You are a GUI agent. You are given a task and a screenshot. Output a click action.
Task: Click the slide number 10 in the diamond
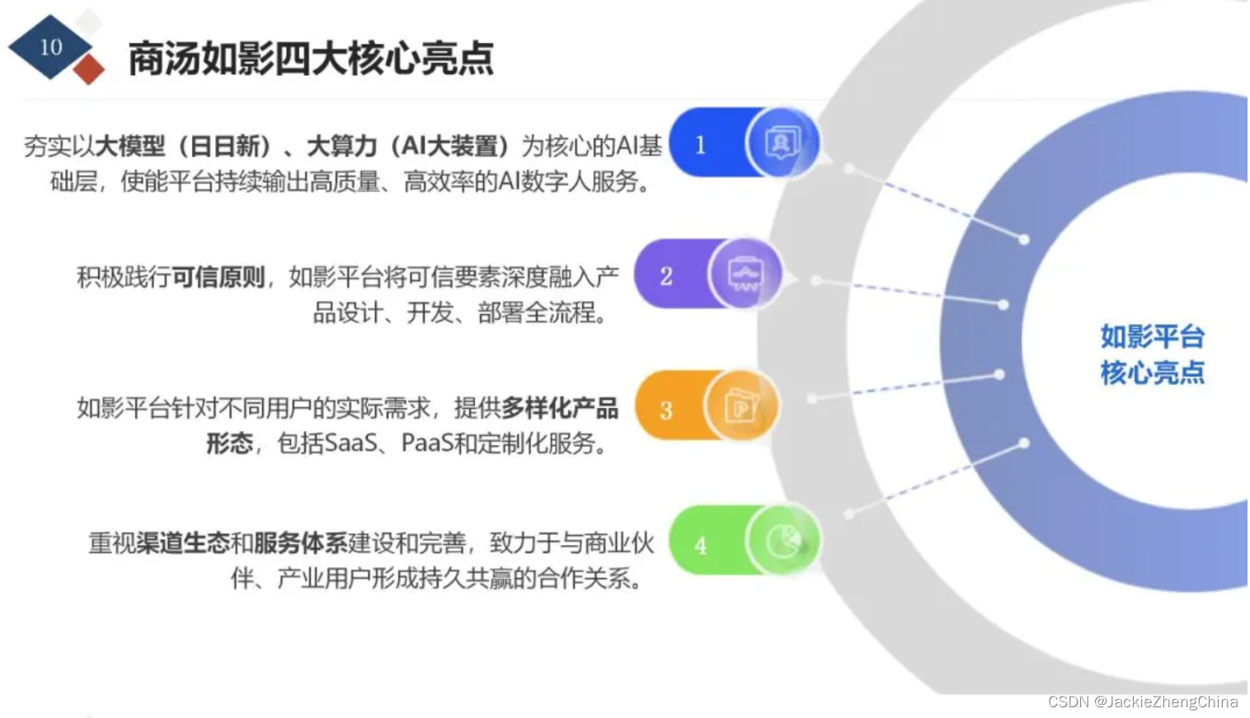click(x=51, y=47)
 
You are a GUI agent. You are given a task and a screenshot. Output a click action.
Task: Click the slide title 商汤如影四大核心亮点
click(x=311, y=59)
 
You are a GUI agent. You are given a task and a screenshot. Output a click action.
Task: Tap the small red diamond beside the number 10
click(x=89, y=70)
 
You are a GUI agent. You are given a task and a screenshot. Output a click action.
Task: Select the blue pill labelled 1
click(x=701, y=144)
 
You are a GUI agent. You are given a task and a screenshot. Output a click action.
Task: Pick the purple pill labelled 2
click(x=666, y=275)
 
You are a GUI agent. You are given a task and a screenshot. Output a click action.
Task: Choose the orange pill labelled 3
click(x=666, y=410)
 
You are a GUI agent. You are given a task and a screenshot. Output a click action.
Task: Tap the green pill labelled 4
click(x=701, y=544)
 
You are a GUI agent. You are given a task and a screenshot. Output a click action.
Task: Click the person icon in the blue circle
click(x=782, y=143)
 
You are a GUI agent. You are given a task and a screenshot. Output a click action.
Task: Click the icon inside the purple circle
click(x=745, y=275)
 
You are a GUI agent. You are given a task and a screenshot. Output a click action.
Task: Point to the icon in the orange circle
click(x=740, y=406)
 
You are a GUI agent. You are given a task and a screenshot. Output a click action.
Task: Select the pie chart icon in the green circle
click(x=782, y=541)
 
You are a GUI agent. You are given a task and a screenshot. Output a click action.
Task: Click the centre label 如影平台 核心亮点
click(x=1152, y=354)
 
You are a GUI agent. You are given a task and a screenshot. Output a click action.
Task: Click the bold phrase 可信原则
click(x=219, y=277)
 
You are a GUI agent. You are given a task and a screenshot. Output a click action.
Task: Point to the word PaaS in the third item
click(x=427, y=443)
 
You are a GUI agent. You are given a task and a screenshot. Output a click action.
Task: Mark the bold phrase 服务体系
click(x=301, y=543)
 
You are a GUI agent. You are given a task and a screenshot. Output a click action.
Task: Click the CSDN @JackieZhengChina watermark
click(x=1143, y=702)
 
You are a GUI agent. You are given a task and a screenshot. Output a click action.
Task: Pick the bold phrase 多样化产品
click(x=560, y=408)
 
